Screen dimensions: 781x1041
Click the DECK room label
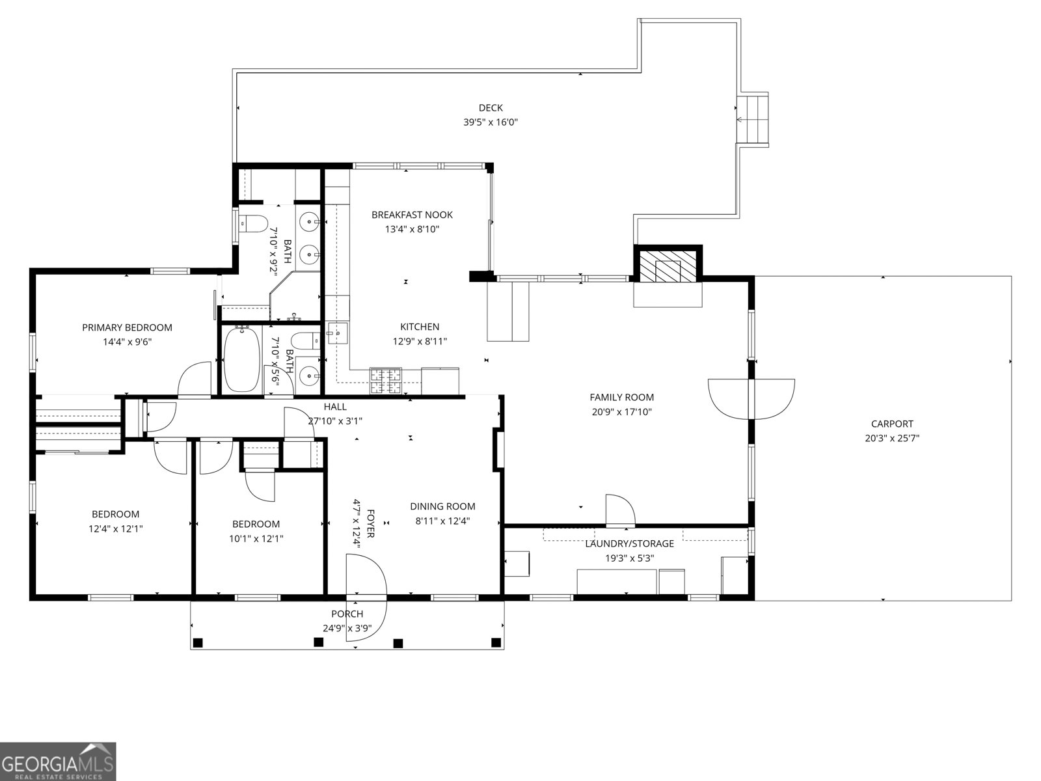coord(491,108)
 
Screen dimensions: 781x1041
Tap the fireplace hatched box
coord(668,267)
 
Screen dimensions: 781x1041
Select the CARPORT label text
coord(892,424)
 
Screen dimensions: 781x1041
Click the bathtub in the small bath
coord(241,359)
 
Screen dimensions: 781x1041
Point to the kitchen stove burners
coord(386,381)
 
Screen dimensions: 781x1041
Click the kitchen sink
coord(337,333)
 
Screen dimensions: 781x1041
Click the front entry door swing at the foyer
coord(366,597)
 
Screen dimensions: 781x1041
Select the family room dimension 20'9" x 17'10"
coord(621,411)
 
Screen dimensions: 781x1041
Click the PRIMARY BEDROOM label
coord(127,327)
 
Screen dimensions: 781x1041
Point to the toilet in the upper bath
coord(254,224)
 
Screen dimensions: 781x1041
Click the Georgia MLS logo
coord(58,761)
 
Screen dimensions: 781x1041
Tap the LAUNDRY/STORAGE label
coord(629,543)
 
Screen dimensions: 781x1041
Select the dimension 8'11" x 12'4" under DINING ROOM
coord(442,520)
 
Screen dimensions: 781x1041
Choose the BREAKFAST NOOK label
coord(412,215)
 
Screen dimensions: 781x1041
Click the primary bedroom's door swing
coord(195,380)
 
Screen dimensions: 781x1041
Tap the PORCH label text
coord(347,614)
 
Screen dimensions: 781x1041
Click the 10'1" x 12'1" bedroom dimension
coord(256,538)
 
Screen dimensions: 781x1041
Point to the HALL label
coord(335,407)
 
